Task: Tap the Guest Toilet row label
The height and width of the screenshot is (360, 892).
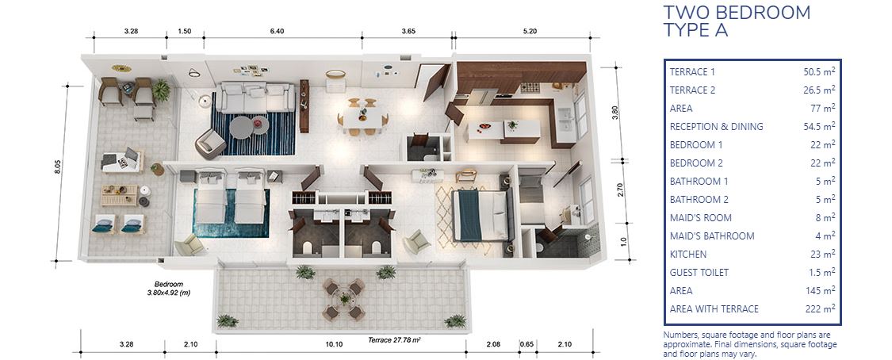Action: point(699,273)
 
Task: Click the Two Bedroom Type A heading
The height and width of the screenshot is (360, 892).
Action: point(737,21)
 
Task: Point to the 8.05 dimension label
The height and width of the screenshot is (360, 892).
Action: point(57,167)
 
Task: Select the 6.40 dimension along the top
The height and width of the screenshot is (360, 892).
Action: point(277,31)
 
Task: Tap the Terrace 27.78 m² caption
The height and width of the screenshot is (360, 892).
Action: point(394,340)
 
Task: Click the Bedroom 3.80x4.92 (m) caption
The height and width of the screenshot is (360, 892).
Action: point(169,289)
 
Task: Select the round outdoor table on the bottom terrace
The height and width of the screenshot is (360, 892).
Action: point(344,299)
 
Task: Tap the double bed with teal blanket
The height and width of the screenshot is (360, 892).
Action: point(478,215)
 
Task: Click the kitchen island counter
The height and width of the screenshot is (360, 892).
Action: point(503,131)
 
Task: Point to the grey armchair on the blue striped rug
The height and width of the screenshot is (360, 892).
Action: point(210,144)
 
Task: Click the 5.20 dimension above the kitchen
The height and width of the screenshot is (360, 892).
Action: point(529,31)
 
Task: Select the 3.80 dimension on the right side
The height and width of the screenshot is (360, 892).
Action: point(614,113)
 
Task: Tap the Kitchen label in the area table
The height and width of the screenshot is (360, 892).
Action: point(688,255)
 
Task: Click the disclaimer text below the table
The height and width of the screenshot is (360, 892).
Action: point(750,344)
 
